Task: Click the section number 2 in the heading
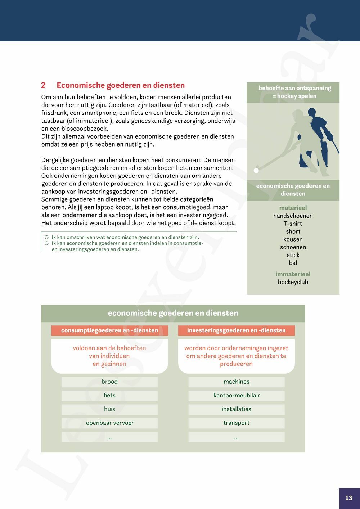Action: pos(43,85)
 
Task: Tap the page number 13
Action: pos(348,498)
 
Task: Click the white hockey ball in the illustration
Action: pos(256,170)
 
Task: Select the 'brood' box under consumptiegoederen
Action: pos(109,382)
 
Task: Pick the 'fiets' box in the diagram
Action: pos(109,396)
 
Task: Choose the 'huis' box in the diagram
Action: pos(109,409)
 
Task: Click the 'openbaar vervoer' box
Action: pos(109,423)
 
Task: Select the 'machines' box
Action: pos(236,382)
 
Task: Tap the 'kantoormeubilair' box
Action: pos(236,396)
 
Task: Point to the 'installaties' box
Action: pos(236,409)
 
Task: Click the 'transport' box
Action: pos(236,423)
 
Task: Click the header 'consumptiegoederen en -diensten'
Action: pos(109,330)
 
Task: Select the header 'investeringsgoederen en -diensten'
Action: pos(236,330)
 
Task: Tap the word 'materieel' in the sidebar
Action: pos(293,208)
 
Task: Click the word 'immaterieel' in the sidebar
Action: pos(293,274)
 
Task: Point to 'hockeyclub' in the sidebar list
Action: pos(293,282)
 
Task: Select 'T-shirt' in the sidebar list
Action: pos(293,224)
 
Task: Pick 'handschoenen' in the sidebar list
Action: pos(293,216)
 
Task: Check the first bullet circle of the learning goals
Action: pos(46,237)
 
